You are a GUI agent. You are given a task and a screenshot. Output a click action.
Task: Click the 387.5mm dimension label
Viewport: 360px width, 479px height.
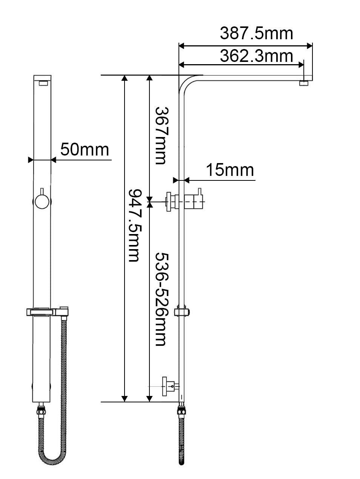[256, 33]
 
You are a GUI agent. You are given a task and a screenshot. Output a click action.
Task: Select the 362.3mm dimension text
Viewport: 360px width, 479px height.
[256, 56]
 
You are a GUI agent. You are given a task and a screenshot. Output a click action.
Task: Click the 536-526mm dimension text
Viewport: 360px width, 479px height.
[160, 299]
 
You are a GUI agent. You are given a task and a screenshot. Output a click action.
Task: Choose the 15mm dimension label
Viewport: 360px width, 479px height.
[229, 170]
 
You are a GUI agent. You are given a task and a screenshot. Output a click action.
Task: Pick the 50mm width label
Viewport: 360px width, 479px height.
[85, 149]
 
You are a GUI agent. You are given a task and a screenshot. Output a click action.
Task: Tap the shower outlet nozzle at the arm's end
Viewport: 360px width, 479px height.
[304, 83]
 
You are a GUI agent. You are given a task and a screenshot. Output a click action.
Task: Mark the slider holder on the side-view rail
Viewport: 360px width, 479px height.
[182, 312]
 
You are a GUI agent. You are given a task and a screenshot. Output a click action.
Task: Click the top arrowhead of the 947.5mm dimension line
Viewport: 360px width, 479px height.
[125, 79]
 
